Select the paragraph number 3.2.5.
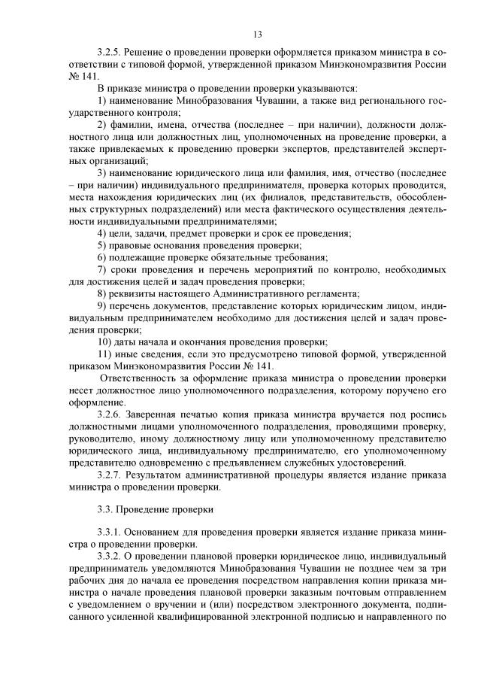tap(110, 52)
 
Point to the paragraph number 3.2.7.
tap(110, 475)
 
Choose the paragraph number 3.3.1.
tap(110, 533)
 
